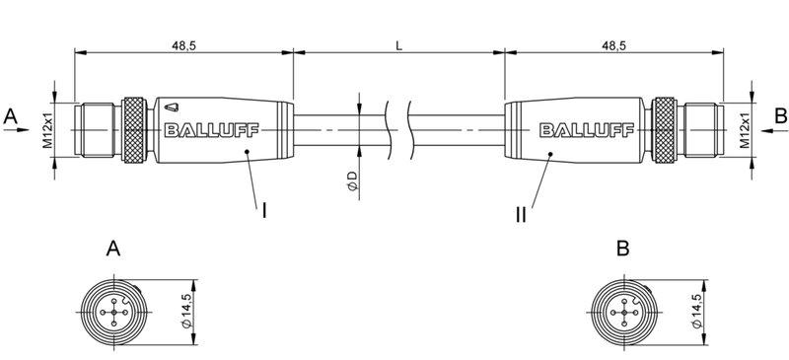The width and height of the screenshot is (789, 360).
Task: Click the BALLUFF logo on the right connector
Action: tap(575, 129)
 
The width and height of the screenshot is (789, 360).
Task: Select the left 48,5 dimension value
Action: tap(181, 46)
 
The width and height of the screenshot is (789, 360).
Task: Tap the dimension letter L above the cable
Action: tap(398, 46)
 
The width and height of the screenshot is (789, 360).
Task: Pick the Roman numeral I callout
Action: tap(264, 210)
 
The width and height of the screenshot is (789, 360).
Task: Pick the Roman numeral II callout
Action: tap(520, 212)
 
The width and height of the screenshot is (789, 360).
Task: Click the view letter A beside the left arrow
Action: tap(11, 116)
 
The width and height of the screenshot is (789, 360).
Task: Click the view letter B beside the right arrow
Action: tap(779, 116)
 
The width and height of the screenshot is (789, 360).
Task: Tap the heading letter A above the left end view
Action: tap(114, 250)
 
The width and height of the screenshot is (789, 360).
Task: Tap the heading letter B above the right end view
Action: tap(622, 250)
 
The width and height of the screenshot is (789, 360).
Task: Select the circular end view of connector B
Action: tap(623, 314)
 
